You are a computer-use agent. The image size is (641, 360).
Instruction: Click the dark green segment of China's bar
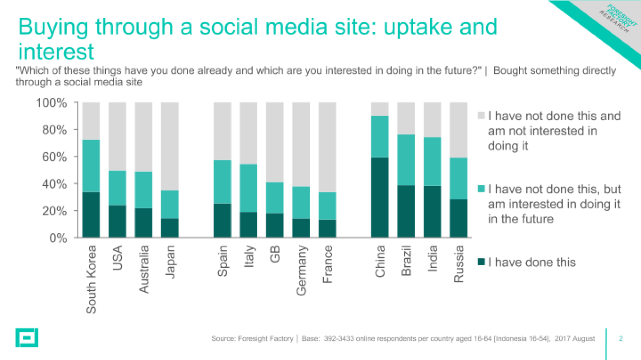pos(379,197)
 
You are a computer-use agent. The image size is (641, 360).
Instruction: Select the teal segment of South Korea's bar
pos(91,166)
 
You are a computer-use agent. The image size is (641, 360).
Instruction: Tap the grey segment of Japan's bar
pos(170,146)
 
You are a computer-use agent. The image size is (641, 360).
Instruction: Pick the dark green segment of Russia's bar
pos(459,218)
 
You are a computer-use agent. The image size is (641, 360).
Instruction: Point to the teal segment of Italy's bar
pos(248,188)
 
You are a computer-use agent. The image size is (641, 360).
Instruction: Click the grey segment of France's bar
pos(327,147)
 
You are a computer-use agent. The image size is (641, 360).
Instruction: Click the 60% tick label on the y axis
pos(54,157)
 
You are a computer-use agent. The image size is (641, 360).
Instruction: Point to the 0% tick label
pos(58,238)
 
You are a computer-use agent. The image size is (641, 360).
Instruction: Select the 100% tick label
pos(51,103)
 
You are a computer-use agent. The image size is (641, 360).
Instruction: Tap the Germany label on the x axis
pos(301,270)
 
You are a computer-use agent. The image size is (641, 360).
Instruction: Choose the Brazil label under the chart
pos(406,260)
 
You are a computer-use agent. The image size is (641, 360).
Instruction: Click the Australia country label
pos(144,269)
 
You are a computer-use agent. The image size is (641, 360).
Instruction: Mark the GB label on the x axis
pos(275,254)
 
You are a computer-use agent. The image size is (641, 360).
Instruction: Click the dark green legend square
pos(481,262)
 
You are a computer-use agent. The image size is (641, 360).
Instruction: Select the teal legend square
pos(481,189)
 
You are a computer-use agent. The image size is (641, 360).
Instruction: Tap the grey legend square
pos(481,116)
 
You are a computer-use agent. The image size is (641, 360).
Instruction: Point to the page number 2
pos(620,338)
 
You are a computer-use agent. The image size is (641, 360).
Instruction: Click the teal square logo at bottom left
pos(27,338)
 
